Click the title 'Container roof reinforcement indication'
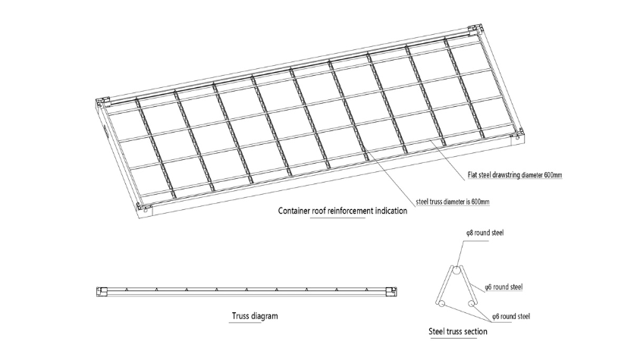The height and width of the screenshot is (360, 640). coord(343,211)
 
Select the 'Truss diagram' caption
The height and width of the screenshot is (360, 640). coord(255,316)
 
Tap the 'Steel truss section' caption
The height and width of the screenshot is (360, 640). coord(457,331)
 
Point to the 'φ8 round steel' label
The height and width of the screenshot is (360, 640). coord(485,233)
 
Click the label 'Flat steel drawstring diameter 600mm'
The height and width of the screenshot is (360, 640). coord(515,175)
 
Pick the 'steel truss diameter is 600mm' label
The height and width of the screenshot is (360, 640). coord(453,202)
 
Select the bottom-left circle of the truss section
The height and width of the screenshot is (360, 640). coord(440,304)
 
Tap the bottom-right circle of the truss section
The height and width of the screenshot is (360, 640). coord(471,304)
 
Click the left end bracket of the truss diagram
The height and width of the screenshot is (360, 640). coord(102,292)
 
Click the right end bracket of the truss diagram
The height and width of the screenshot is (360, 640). coord(391,292)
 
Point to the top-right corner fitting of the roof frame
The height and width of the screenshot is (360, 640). coord(476,30)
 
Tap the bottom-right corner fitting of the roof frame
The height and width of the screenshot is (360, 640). coord(516,137)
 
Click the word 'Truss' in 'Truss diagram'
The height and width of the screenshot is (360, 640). coord(240,316)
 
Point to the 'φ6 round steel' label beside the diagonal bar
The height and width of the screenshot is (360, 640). coord(504,287)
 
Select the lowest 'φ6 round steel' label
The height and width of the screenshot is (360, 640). coord(511,316)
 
